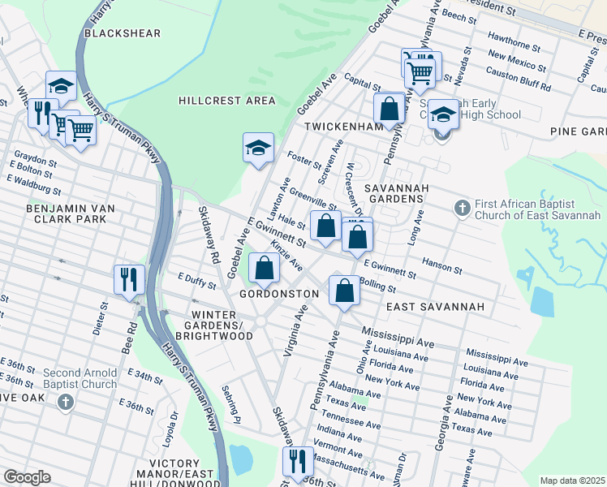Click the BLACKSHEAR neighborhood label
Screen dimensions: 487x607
tap(123, 33)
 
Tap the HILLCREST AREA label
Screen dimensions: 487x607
tap(227, 101)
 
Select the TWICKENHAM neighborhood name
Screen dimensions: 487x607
tap(343, 127)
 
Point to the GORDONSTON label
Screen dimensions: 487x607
tap(279, 293)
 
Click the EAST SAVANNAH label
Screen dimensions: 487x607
tap(435, 307)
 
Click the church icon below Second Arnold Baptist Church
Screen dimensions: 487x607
tap(67, 402)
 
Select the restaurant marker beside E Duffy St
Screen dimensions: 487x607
tap(129, 280)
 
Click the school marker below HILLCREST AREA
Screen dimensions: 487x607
tap(258, 148)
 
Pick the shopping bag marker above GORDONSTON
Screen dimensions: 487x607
tap(264, 267)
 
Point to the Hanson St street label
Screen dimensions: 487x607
tap(441, 269)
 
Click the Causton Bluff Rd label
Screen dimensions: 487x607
tap(518, 80)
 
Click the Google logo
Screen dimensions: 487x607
tap(27, 477)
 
